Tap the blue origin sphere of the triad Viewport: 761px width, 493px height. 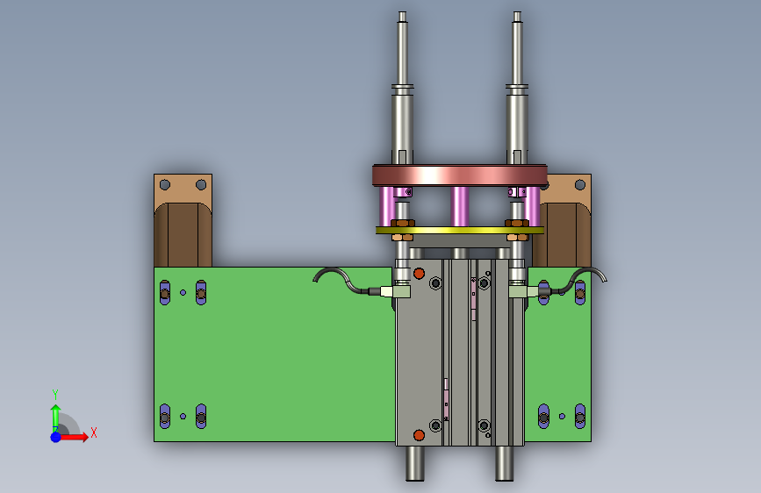pos(55,437)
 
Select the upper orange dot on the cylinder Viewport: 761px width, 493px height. pos(419,274)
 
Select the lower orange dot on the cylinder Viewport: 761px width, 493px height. pos(419,435)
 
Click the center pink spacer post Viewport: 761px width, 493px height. pos(459,207)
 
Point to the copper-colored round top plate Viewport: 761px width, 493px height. pos(460,175)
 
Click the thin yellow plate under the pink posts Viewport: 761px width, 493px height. pos(460,231)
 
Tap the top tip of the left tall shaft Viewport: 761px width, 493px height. pos(402,12)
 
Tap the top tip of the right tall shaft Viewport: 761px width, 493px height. pos(517,12)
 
